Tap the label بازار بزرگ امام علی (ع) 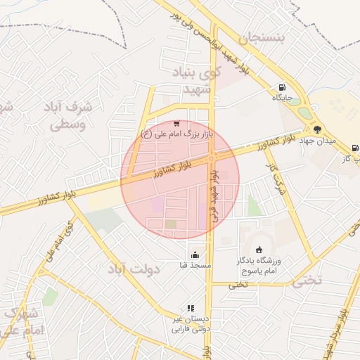[176, 134]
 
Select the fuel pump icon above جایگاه [281, 89]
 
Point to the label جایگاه [282, 98]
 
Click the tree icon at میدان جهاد [317, 129]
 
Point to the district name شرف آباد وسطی [70, 116]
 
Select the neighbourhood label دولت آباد [134, 269]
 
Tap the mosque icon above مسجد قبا [195, 255]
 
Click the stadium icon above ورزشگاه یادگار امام [259, 250]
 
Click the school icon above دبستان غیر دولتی [190, 307]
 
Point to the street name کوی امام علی [59, 243]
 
